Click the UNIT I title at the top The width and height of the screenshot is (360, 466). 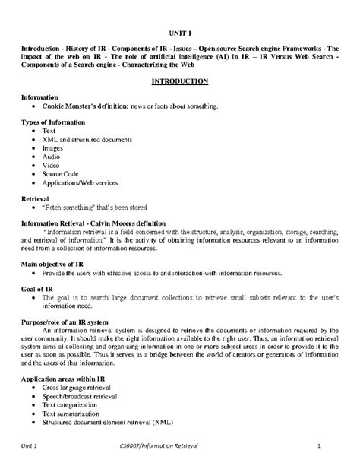tap(179, 34)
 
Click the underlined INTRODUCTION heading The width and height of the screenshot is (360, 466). tap(179, 81)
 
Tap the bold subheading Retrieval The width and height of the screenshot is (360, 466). tap(36, 197)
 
